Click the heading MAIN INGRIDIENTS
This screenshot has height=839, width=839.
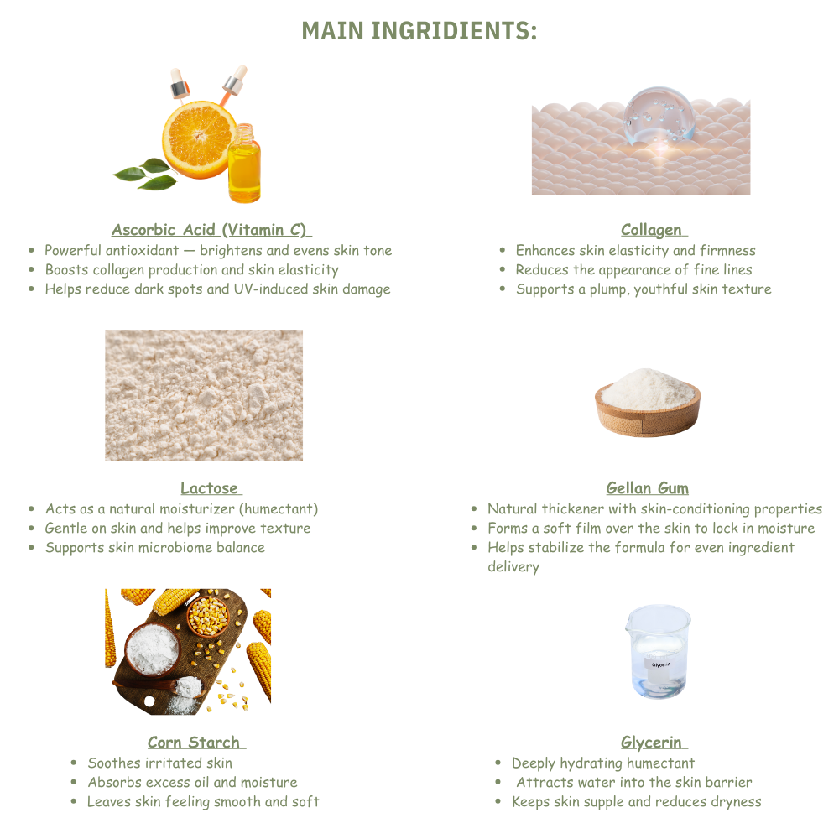(x=419, y=30)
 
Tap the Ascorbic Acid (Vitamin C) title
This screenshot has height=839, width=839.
(x=211, y=230)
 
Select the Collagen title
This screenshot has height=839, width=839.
(x=652, y=230)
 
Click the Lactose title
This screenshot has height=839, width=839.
(x=210, y=488)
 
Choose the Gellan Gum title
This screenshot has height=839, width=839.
(x=647, y=488)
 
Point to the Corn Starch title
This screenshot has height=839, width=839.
(x=195, y=743)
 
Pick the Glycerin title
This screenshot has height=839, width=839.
(x=653, y=743)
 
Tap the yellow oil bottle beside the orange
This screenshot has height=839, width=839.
(x=244, y=164)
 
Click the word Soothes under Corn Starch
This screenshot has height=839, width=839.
(x=113, y=763)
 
